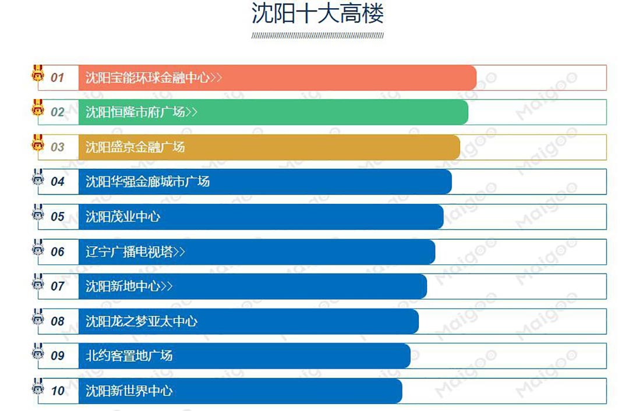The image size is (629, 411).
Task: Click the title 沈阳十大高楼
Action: (x=317, y=13)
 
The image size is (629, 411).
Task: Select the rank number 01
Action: (x=57, y=77)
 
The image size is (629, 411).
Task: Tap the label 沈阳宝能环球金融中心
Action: (x=147, y=77)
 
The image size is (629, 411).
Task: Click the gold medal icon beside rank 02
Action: (x=38, y=108)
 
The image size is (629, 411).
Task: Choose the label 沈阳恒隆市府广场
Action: (x=135, y=112)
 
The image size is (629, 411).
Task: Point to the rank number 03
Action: (x=57, y=147)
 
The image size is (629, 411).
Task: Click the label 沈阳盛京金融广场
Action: (x=135, y=147)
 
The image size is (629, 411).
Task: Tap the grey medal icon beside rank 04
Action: (x=38, y=178)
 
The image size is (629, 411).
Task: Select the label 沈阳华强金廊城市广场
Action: (x=147, y=182)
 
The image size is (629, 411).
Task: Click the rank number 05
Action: (x=57, y=217)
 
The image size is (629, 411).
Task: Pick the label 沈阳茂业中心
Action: (x=123, y=217)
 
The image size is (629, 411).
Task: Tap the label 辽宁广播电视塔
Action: (x=129, y=251)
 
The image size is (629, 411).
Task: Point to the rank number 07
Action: (x=57, y=286)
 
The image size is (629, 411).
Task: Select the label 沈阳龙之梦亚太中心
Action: (x=142, y=321)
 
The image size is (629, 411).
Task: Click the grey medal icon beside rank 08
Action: (x=38, y=318)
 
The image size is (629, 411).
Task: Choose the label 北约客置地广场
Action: (x=129, y=356)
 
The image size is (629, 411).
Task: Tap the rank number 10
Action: (x=57, y=391)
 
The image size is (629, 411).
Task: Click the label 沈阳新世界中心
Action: (x=129, y=391)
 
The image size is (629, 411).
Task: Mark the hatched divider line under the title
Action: (x=317, y=36)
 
